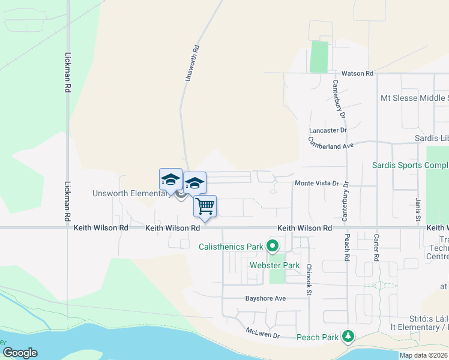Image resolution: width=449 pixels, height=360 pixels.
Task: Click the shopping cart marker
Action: pos(205,206)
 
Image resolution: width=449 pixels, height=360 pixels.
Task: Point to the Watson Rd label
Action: pos(357,73)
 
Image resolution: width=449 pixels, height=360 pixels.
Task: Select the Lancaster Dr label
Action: pos(328,130)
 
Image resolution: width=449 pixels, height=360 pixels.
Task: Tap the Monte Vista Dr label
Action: pos(316,184)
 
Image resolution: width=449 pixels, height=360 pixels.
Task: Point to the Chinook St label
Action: pos(309,280)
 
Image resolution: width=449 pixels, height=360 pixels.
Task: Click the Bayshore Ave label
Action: pos(265,298)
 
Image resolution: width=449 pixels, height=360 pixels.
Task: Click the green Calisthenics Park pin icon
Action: pos(273,245)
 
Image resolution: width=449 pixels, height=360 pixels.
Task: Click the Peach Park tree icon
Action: pos(348,336)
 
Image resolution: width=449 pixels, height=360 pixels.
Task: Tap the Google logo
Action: pos(20,353)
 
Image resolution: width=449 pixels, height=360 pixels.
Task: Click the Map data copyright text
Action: pos(424,355)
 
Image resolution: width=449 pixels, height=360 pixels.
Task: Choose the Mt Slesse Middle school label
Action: pos(414,98)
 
